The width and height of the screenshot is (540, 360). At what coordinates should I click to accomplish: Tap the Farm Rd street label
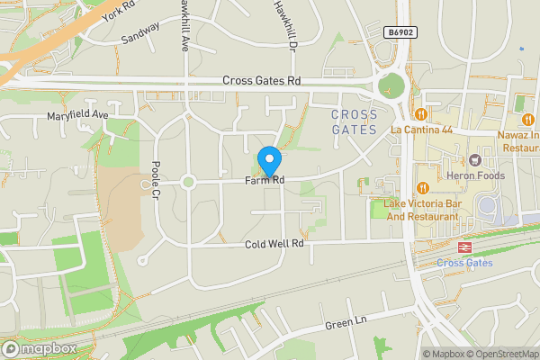[265, 182]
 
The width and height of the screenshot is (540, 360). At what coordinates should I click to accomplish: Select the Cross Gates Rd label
[261, 81]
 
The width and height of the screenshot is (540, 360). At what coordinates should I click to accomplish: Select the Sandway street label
[140, 32]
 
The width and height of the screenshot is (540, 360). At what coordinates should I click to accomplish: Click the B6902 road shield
[401, 31]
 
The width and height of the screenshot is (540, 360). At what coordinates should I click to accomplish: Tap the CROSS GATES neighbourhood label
[354, 121]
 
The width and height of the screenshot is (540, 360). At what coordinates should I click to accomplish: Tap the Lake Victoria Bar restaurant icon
[422, 188]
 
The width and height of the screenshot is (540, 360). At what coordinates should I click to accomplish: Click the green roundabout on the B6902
[391, 86]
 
